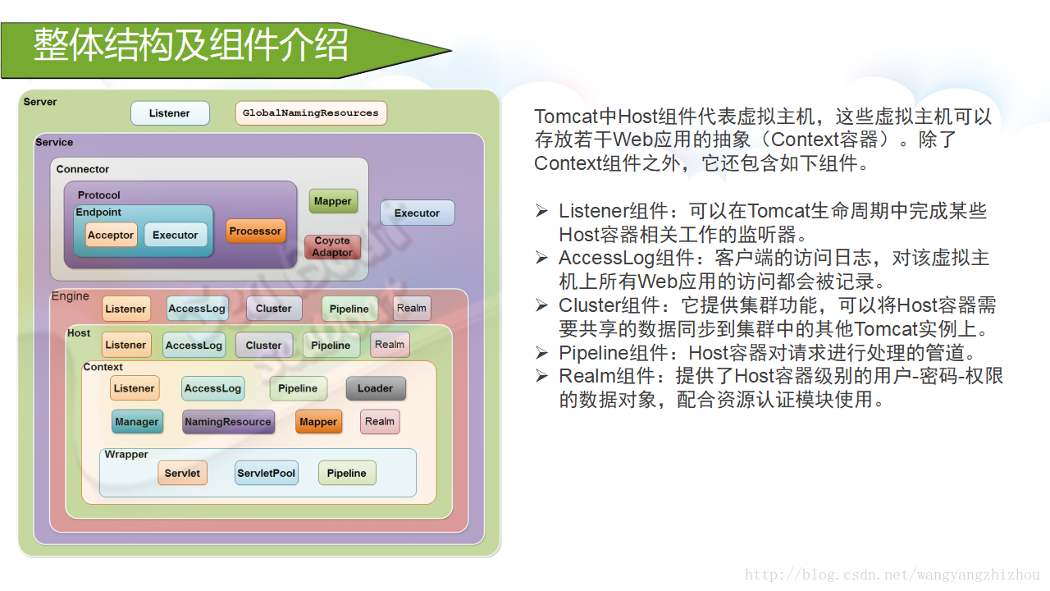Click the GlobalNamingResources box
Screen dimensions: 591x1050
[310, 113]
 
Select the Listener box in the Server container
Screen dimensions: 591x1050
[170, 113]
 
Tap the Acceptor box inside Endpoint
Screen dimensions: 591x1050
[111, 235]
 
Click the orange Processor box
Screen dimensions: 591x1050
[255, 231]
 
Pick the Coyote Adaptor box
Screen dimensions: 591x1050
[332, 247]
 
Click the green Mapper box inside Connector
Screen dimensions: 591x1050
[333, 201]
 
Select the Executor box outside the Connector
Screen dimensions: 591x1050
[417, 213]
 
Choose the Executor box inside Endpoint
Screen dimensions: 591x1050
[176, 235]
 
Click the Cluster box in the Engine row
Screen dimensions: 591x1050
[274, 309]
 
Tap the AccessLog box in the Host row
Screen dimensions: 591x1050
[194, 346]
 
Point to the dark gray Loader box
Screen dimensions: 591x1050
[375, 388]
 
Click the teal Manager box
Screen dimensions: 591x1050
[136, 422]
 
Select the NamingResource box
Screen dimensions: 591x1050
[228, 422]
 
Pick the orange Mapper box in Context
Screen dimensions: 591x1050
[318, 422]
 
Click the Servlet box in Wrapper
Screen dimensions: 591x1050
[182, 474]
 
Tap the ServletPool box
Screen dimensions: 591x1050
[266, 474]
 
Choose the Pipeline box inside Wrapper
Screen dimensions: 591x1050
[347, 474]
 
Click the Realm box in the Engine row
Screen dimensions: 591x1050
[412, 309]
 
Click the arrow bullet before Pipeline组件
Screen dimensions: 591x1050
[541, 353]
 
